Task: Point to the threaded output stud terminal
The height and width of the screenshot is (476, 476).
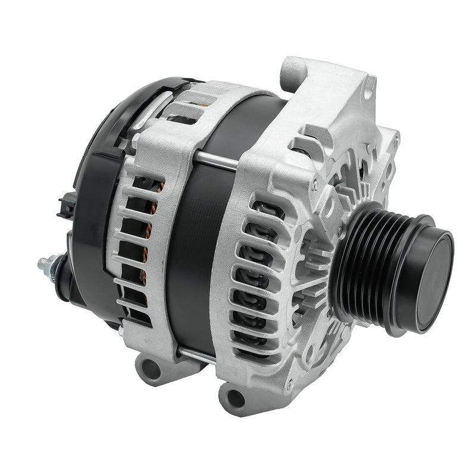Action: point(45,262)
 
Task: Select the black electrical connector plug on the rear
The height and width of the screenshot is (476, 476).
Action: point(65,205)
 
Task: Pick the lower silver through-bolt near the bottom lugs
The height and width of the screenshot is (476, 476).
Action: point(196,355)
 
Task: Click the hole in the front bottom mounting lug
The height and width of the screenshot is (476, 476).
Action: point(236,398)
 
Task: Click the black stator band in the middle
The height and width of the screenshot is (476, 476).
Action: point(196,250)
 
